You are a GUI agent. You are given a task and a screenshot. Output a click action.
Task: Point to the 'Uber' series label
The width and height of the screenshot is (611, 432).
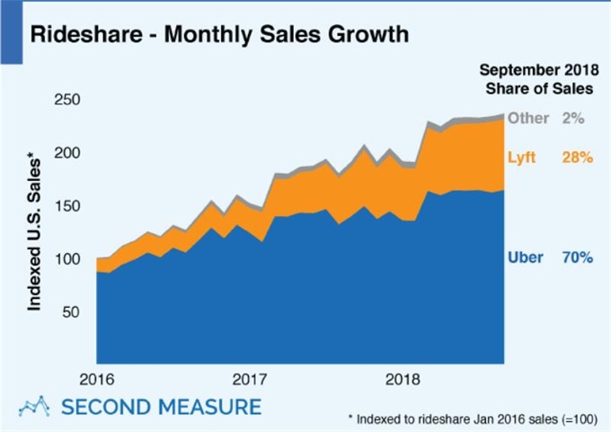click(525, 257)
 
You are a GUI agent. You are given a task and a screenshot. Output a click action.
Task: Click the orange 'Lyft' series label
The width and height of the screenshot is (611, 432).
click(523, 157)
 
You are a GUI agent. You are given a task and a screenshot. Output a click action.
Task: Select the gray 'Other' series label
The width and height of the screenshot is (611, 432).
click(527, 118)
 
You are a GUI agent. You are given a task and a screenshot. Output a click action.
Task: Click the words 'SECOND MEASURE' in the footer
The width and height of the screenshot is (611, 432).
click(161, 406)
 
